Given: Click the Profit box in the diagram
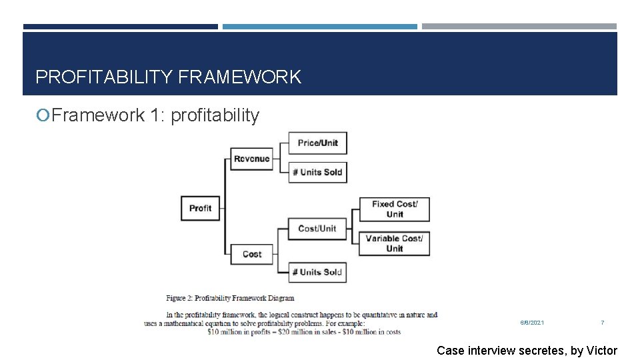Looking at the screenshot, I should pos(200,208).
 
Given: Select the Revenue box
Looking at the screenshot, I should pos(252,159).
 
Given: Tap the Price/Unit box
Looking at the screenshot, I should pos(317,143).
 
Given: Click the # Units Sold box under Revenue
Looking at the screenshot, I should pos(317,172).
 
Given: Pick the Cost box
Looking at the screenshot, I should pos(252,254).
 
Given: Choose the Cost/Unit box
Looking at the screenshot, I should pos(317,229).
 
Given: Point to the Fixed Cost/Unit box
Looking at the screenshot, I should pos(395,209).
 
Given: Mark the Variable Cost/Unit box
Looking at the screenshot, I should pos(395,243).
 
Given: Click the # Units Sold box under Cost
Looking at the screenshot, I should pos(317,272).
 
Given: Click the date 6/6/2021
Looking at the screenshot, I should pos(532,323).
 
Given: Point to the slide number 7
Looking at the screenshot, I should pos(603,323).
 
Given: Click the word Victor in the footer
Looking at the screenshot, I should pos(602,351).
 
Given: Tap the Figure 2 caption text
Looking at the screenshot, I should pos(230,298).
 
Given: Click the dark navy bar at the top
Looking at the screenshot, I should pos(120,27).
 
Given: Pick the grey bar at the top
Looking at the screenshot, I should pos(519,27).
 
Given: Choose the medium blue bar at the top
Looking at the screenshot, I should pos(319,27).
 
